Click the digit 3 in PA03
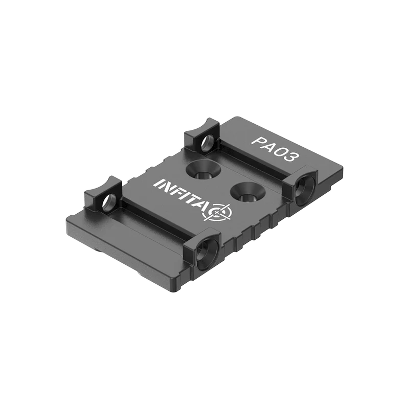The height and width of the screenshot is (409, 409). [291, 156]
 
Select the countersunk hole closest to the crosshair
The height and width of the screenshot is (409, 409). [244, 193]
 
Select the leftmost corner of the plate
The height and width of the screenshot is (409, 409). [67, 225]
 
